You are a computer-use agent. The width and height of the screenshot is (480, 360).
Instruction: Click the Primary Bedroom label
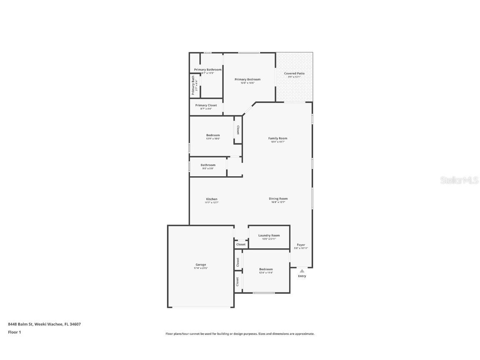[247, 80]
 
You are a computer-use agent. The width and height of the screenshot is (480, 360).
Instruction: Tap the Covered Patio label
[294, 74]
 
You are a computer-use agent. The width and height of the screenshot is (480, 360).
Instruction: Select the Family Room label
[277, 138]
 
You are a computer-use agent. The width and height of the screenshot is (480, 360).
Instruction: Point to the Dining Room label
[278, 199]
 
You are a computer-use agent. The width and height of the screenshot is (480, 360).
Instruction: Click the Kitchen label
[211, 199]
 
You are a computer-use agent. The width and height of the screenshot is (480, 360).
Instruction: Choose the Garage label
[201, 265]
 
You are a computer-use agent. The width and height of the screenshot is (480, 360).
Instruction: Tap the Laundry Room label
[269, 235]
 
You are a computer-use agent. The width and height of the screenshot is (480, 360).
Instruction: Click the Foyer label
[301, 245]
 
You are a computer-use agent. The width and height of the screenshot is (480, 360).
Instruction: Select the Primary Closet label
[206, 105]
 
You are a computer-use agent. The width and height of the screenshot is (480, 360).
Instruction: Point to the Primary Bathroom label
[207, 70]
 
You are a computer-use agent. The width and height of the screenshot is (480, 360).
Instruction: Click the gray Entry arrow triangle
[302, 271]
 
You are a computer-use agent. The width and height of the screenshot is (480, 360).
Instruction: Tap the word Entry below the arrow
[302, 276]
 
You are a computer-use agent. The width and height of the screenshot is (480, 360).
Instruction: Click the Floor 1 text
[14, 332]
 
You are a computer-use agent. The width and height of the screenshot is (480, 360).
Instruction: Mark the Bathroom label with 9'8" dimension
[208, 165]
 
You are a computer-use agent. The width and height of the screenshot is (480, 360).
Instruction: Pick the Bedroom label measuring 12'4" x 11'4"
[266, 270]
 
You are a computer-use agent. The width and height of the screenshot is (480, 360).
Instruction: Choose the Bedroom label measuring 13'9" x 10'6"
[213, 135]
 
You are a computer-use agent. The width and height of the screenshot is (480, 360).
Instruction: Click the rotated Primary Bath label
[193, 85]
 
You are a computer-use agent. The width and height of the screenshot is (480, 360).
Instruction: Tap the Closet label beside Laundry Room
[241, 245]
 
